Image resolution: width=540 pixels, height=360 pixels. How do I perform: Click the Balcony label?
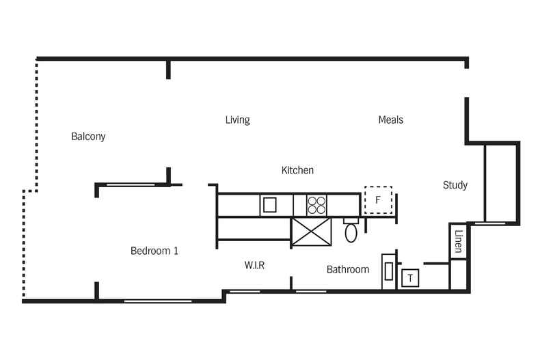88,137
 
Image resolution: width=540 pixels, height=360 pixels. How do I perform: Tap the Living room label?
237,120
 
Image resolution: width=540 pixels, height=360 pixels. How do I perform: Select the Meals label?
390,120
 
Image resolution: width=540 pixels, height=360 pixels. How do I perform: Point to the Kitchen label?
297,170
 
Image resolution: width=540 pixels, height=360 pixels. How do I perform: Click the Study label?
455,185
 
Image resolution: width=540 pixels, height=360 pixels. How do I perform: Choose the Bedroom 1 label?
154,251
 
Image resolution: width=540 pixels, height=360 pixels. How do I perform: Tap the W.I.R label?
254,265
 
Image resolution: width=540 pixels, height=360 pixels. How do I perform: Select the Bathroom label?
347,270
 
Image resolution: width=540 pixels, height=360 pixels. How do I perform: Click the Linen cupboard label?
458,241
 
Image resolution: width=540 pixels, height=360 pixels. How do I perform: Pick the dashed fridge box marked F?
378,200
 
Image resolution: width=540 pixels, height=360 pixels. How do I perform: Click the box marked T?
409,279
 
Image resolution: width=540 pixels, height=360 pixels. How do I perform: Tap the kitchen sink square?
269,204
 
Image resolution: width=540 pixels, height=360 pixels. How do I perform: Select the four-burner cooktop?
316,204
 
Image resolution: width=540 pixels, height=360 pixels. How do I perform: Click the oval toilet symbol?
351,232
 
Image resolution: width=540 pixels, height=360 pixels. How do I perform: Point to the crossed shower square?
311,232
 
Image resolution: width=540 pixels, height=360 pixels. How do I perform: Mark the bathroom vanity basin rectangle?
388,271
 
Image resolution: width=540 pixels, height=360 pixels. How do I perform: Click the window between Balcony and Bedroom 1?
131,184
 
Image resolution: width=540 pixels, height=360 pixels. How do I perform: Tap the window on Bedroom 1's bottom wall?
157,300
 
